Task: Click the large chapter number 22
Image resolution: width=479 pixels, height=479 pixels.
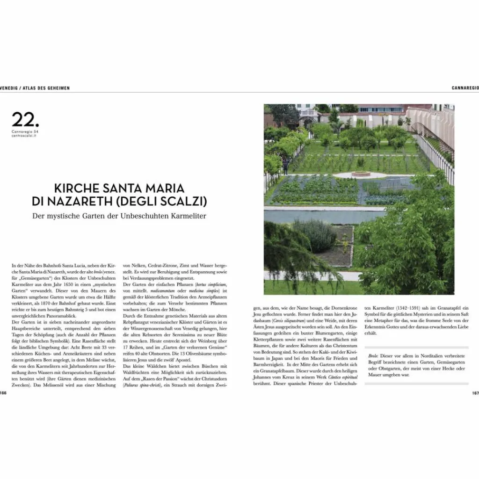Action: coord(26,119)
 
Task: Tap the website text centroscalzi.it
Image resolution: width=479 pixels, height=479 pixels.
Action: coord(25,136)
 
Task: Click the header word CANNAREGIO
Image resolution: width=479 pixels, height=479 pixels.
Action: coord(465,87)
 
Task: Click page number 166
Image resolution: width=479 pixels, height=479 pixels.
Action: coord(3,393)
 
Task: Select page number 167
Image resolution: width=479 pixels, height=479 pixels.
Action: coord(475,393)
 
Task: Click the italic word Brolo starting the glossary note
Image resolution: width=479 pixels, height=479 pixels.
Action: coord(373,356)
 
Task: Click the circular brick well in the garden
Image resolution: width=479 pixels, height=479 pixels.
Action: coord(361,174)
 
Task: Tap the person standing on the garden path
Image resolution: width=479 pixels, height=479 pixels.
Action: coord(286,166)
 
